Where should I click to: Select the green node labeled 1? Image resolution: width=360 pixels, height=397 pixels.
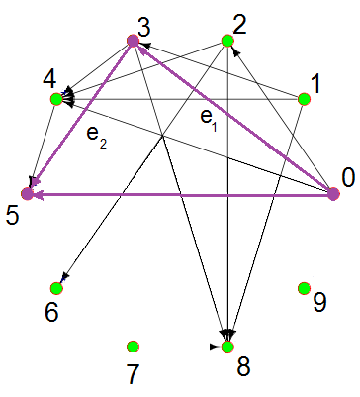pyautogui.click(x=305, y=98)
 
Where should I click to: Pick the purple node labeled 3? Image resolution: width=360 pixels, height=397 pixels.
pyautogui.click(x=132, y=41)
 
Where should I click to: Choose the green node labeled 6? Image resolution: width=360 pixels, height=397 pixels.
pyautogui.click(x=56, y=288)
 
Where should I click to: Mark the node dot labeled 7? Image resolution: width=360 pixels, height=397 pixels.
pyautogui.click(x=132, y=347)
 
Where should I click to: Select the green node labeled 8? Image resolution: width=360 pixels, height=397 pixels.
pyautogui.click(x=227, y=347)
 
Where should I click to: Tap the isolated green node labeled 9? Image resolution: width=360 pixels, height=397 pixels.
pyautogui.click(x=305, y=288)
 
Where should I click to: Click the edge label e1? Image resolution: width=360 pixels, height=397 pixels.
pyautogui.click(x=208, y=118)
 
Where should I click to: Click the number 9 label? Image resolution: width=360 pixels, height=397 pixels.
pyautogui.click(x=318, y=302)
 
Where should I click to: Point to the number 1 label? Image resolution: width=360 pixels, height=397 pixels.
pyautogui.click(x=315, y=85)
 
